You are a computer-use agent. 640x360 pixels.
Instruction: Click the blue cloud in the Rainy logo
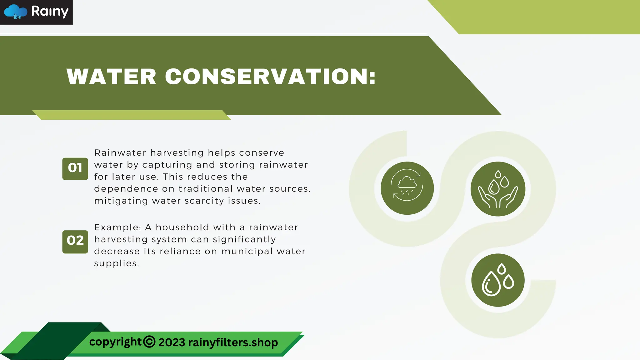(x=16, y=12)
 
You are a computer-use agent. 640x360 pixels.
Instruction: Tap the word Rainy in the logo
(x=50, y=12)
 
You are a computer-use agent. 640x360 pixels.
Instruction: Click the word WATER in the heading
(x=111, y=77)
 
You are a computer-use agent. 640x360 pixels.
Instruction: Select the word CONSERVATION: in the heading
(x=270, y=77)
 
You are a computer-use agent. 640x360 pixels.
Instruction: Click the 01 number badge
(x=75, y=168)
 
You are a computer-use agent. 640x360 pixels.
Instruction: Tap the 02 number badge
(x=75, y=241)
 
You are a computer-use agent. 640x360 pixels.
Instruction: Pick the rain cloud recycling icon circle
(x=407, y=188)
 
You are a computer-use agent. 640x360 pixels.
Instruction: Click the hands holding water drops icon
(x=498, y=189)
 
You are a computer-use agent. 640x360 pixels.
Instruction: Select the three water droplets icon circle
(x=498, y=280)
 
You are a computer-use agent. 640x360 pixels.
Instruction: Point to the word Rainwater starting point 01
(x=120, y=153)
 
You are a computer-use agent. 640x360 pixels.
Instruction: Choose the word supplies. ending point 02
(x=117, y=263)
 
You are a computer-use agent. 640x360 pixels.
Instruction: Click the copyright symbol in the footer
(x=149, y=342)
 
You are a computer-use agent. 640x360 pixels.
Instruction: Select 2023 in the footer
(x=172, y=342)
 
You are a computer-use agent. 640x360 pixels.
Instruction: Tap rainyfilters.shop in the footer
(x=233, y=342)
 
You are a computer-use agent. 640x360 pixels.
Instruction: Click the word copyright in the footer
(x=115, y=342)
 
